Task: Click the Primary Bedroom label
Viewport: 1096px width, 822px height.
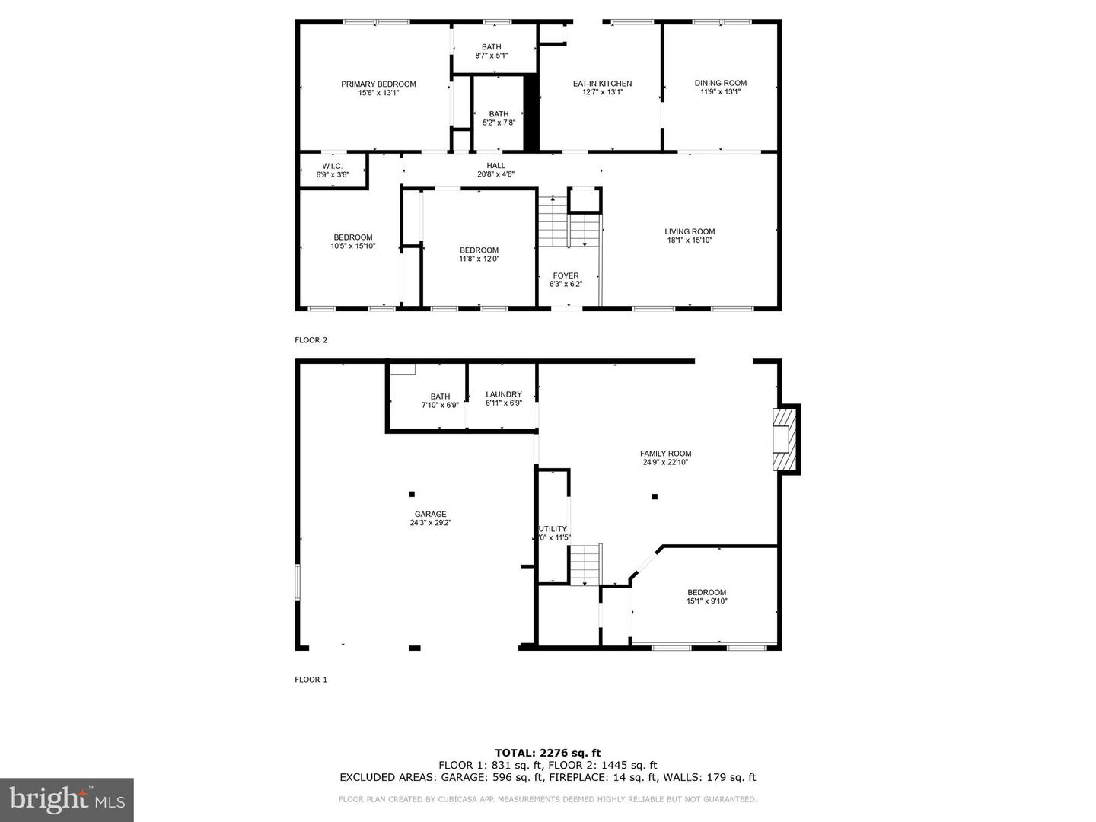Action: click(378, 84)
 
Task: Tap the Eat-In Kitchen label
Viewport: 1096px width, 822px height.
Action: click(602, 84)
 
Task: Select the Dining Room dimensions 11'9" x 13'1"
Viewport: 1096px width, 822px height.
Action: click(720, 92)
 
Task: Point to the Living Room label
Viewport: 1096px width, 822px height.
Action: click(690, 232)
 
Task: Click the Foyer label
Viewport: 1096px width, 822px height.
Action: click(566, 276)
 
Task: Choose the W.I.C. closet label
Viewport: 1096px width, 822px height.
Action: click(333, 166)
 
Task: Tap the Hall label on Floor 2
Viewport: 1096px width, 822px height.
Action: click(495, 166)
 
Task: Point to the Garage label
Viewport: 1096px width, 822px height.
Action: click(431, 514)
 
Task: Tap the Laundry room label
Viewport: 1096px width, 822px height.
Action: click(503, 395)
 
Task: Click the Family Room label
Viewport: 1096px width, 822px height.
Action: click(665, 454)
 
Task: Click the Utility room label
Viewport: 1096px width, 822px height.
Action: click(553, 529)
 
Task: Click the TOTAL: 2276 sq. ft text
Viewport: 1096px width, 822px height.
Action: click(547, 753)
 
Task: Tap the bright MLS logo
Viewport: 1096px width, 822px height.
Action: click(67, 799)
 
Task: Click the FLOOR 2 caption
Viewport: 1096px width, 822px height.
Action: click(311, 340)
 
